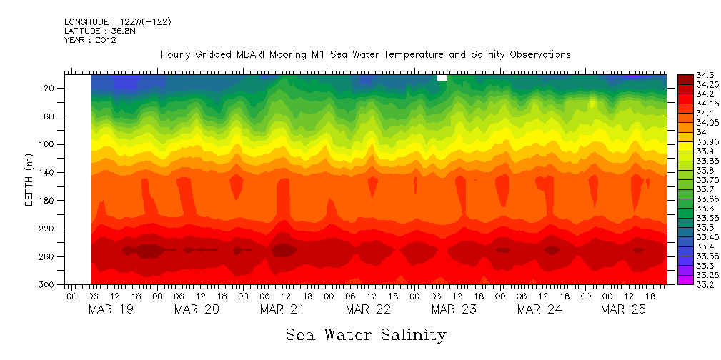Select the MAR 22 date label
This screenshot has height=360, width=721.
point(368,309)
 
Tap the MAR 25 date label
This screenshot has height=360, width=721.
point(624,309)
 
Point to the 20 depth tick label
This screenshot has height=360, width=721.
point(50,88)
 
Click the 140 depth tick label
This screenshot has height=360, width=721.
point(48,172)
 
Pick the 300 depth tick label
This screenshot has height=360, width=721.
point(48,285)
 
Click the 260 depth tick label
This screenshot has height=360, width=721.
point(48,256)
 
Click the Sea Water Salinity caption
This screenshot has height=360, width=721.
point(366,334)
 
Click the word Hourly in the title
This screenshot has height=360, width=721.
point(176,55)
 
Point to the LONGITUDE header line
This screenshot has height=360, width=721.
point(117,21)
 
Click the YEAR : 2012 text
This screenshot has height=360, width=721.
point(90,40)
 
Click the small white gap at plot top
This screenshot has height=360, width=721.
point(442,78)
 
